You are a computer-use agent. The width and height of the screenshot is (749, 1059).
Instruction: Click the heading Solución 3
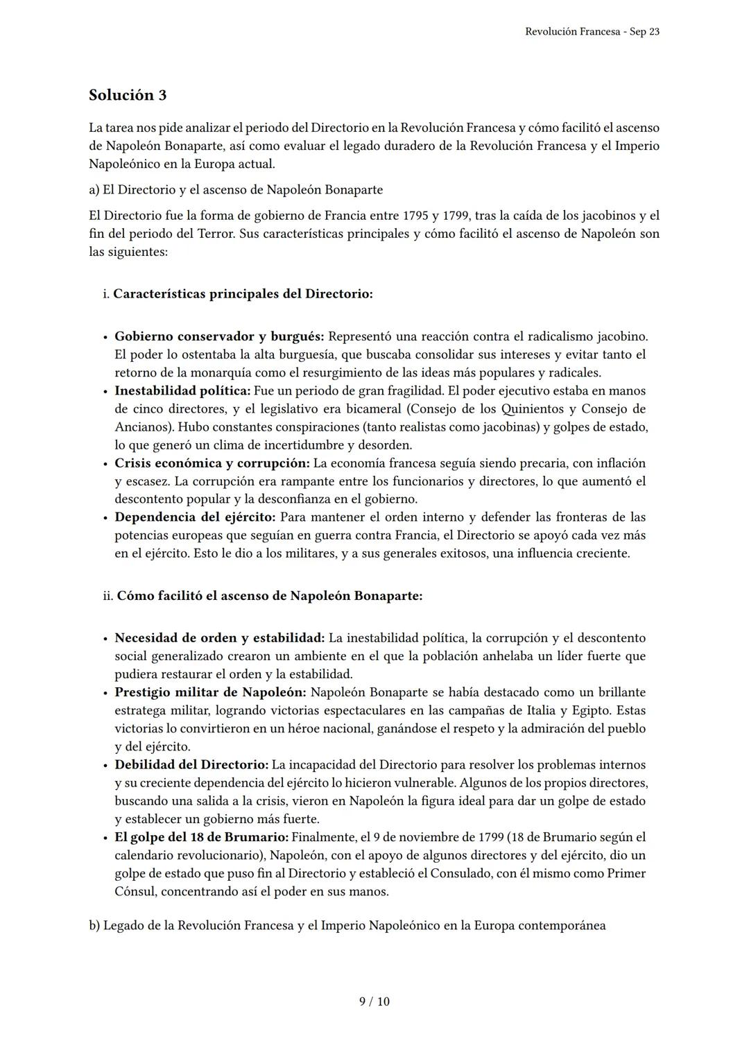coord(128,95)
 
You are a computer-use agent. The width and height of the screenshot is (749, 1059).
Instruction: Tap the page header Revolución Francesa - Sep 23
coord(592,32)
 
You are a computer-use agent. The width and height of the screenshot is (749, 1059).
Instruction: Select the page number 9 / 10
coord(374,1001)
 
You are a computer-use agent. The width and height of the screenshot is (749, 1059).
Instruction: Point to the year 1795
coord(413,216)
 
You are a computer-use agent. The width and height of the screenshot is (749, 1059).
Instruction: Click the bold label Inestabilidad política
coord(182,391)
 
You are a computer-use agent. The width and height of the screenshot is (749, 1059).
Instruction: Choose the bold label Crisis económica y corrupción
coord(212,463)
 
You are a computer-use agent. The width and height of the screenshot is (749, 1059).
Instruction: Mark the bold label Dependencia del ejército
coord(195,517)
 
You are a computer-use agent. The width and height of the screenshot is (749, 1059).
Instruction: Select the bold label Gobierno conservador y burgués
coord(219,336)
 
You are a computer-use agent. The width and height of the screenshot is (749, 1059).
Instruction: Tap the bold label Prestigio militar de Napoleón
coord(210,692)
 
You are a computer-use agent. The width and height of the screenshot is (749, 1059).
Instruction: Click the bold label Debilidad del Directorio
coord(191,765)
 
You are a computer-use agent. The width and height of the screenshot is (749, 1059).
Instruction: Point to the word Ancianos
coord(139,427)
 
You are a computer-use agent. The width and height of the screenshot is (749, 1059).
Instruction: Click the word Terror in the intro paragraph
coord(215,234)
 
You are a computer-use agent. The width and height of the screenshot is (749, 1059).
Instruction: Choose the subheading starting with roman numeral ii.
coord(264,596)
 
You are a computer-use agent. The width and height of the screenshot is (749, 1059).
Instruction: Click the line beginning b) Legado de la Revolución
coord(347,926)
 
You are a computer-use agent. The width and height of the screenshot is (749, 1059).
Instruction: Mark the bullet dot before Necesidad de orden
coord(105,639)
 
